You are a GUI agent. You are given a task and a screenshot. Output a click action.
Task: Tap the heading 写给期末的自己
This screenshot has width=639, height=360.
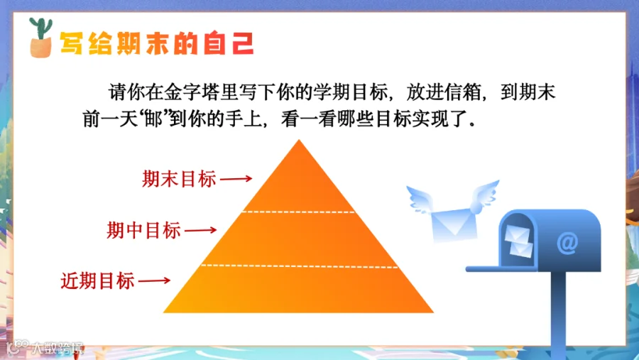(x=157, y=43)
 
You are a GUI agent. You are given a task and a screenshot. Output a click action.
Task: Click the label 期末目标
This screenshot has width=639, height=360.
(x=179, y=179)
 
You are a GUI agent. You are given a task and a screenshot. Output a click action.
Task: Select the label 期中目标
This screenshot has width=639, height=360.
(x=143, y=230)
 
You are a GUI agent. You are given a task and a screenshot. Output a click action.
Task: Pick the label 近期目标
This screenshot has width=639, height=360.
(x=98, y=281)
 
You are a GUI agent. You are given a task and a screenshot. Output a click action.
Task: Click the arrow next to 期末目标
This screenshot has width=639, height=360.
(x=236, y=178)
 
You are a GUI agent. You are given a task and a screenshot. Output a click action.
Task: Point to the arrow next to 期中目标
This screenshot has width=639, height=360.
(x=200, y=230)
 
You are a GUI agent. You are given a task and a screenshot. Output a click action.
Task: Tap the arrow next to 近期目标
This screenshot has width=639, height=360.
(x=155, y=280)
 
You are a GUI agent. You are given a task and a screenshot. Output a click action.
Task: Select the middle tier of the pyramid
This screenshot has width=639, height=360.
(x=299, y=239)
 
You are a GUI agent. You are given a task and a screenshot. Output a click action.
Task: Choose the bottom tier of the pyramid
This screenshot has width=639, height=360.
(x=299, y=290)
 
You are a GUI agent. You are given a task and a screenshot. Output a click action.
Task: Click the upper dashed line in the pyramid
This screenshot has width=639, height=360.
(x=299, y=212)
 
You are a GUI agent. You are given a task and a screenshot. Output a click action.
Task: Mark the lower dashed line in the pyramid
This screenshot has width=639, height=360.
(x=300, y=266)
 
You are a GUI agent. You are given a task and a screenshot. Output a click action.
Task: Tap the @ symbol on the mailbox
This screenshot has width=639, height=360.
(x=568, y=244)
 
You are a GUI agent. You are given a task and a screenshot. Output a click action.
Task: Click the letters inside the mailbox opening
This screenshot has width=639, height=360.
(x=519, y=241)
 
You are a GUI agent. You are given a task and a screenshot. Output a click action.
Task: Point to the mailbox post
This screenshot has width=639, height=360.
(x=558, y=315)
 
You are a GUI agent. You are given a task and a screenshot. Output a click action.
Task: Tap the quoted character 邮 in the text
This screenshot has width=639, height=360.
(x=153, y=119)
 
